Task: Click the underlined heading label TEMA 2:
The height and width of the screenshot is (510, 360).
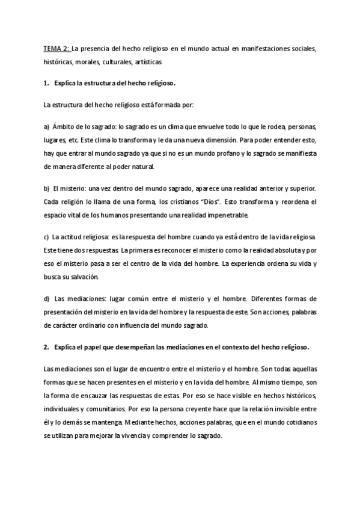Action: tap(57, 48)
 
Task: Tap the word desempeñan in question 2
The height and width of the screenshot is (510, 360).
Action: tap(129, 347)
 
